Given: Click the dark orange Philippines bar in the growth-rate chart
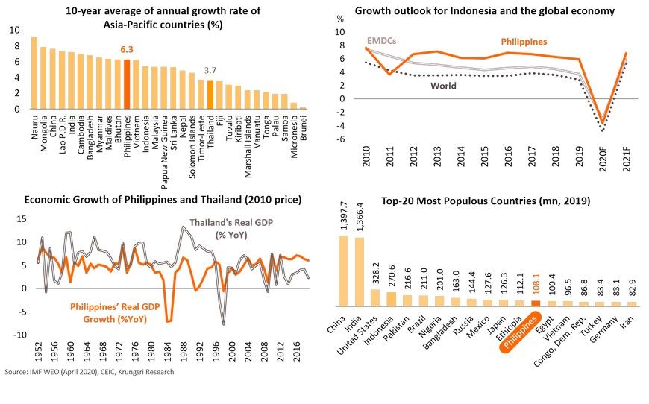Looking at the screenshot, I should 128,84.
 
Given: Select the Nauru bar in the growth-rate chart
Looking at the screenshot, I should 34,73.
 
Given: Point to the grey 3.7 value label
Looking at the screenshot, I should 211,70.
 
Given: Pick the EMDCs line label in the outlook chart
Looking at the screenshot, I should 383,42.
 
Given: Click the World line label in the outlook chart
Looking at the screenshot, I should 443,86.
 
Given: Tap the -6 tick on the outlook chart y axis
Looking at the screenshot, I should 341,139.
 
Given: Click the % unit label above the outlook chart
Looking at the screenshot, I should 341,18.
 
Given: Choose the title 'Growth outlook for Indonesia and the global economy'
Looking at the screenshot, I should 484,11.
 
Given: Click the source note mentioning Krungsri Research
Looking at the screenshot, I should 90,372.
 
